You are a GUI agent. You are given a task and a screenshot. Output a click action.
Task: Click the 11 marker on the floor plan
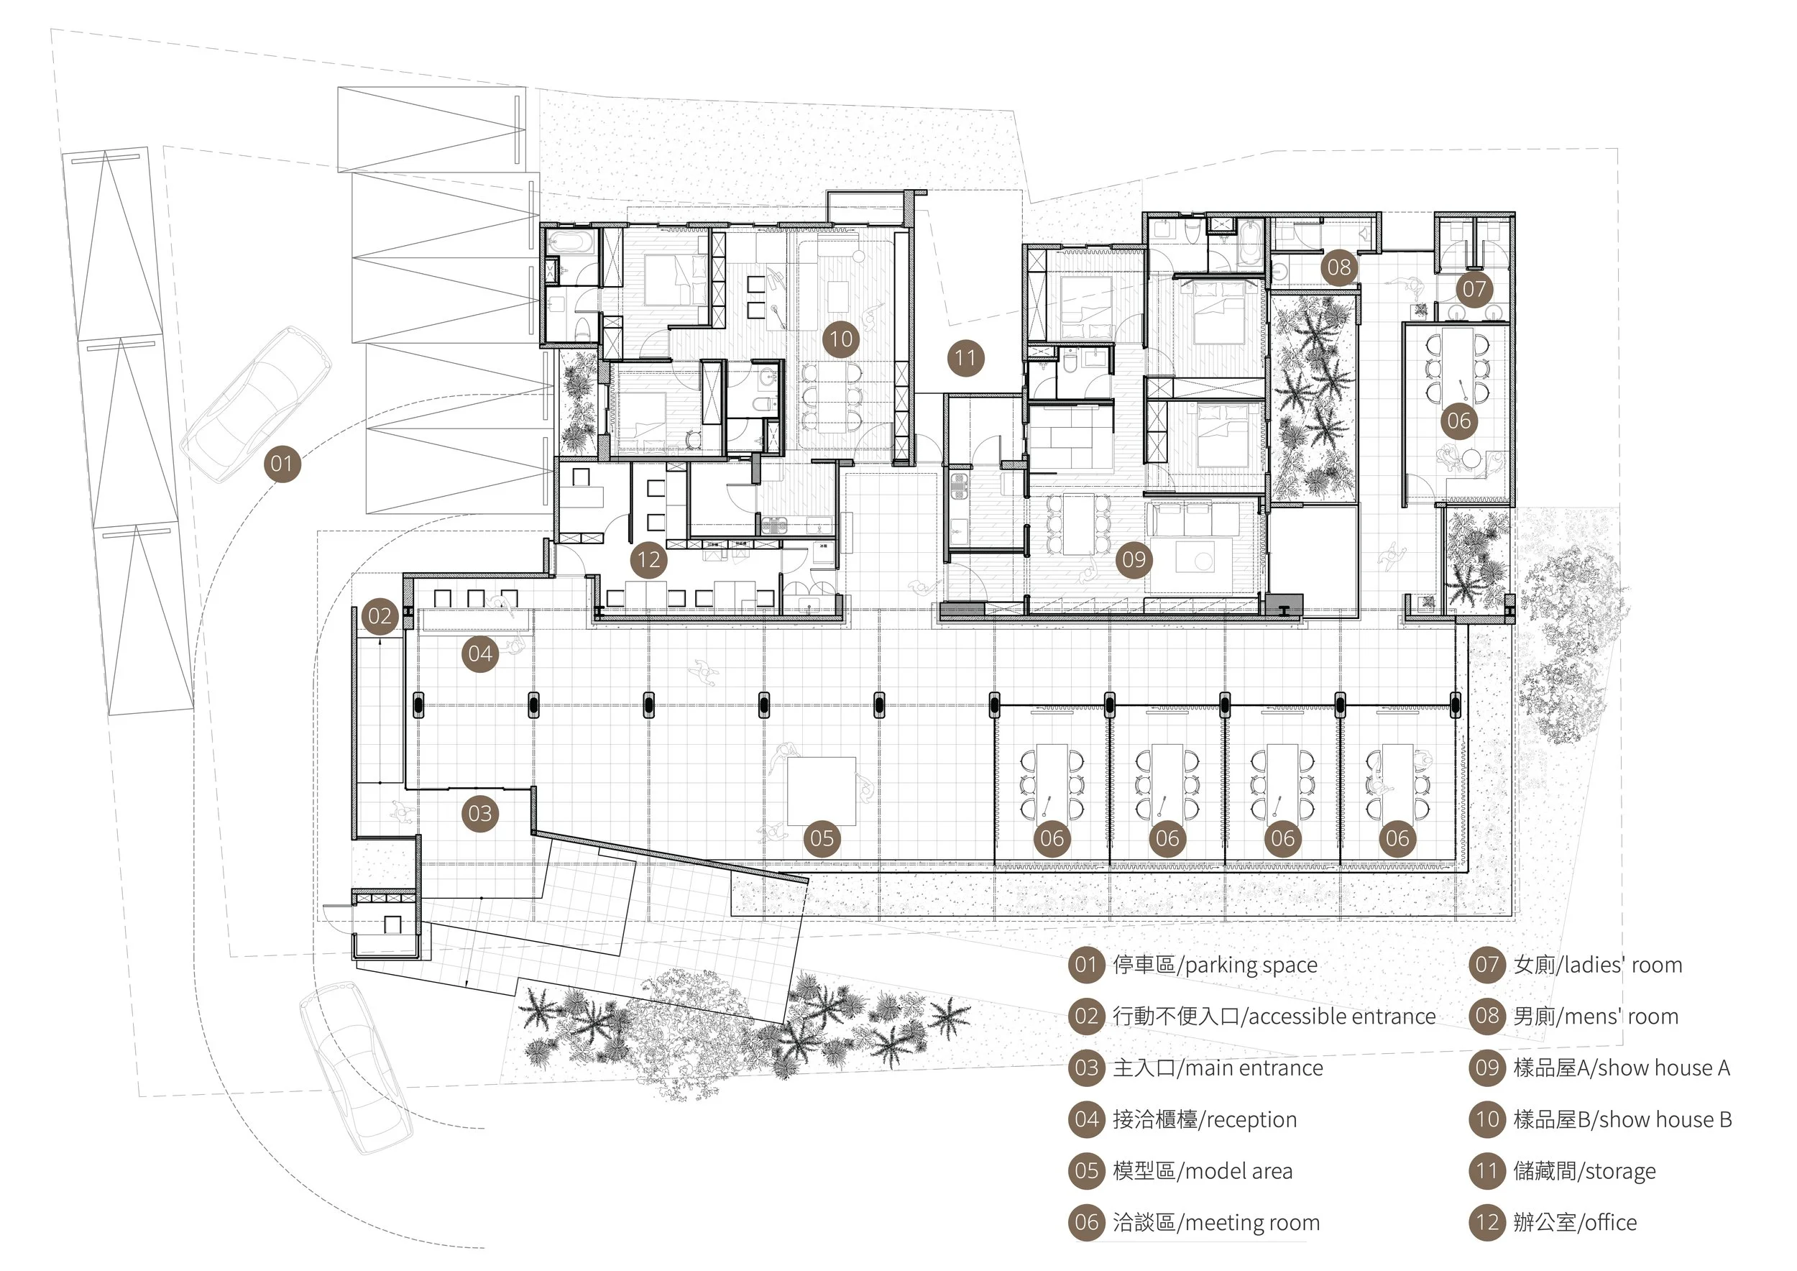coord(965,359)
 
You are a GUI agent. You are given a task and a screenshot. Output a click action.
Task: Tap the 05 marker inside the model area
coord(822,838)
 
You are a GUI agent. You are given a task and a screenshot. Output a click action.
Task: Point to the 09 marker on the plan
coord(1134,559)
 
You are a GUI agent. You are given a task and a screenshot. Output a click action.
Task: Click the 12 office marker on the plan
coord(649,559)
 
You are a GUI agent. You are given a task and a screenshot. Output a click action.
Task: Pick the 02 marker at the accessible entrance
coord(380,616)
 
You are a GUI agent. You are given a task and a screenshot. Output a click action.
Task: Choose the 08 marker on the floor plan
coord(1339,267)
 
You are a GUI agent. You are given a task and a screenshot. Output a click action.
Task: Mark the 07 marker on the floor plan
coord(1474,289)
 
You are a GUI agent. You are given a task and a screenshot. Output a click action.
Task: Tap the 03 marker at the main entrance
coord(479,814)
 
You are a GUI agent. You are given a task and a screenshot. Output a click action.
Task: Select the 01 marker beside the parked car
coord(282,463)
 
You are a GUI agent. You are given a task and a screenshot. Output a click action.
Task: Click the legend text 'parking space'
coord(1251,965)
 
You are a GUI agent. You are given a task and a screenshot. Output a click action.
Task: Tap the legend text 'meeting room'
coord(1249,1223)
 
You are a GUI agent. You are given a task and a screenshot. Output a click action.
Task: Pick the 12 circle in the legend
coord(1487,1223)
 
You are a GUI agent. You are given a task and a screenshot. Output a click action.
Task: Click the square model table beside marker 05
coord(821,791)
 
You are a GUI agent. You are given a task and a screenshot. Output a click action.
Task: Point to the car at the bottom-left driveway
coord(356,1068)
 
